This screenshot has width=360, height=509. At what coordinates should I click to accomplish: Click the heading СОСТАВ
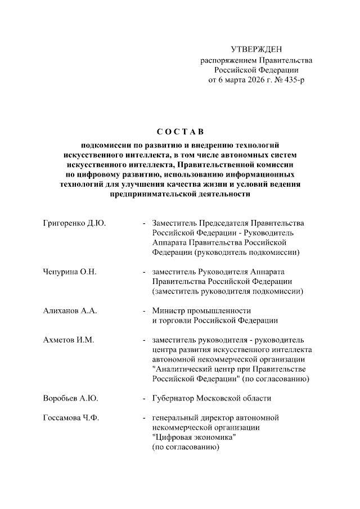click(179, 132)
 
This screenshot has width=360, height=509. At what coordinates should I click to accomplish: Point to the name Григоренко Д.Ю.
click(74, 223)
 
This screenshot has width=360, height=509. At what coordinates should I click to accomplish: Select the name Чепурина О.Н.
click(70, 272)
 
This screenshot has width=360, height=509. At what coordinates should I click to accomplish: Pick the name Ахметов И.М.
click(68, 340)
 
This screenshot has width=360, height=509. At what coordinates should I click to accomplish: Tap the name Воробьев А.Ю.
click(71, 399)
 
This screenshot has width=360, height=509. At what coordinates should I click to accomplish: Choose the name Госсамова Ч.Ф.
click(71, 418)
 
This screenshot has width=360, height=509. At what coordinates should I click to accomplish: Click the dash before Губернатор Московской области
click(145, 399)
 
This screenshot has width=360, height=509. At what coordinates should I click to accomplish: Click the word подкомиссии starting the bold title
click(106, 145)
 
